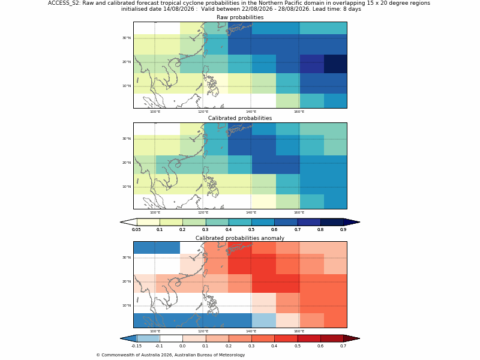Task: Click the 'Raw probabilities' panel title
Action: [x=240, y=17]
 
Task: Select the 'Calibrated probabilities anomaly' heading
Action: [x=240, y=238]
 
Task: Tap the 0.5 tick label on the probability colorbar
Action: [x=251, y=230]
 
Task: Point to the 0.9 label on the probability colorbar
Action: [x=343, y=230]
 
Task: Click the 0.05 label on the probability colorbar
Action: [x=136, y=230]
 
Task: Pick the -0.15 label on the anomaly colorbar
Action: [x=136, y=346]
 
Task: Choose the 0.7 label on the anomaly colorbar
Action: [x=343, y=346]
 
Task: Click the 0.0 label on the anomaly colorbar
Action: [x=182, y=346]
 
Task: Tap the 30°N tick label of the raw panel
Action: [x=127, y=38]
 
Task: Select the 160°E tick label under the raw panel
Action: [x=299, y=112]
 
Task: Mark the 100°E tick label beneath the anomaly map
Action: [x=155, y=331]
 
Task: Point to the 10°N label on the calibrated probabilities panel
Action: [x=127, y=187]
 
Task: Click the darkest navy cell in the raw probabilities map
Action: [x=335, y=64]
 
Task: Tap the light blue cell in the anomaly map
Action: [x=263, y=320]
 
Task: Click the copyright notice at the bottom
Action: [x=170, y=355]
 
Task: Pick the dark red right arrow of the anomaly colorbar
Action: [x=351, y=338]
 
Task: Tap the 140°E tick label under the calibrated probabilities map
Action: [x=251, y=212]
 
